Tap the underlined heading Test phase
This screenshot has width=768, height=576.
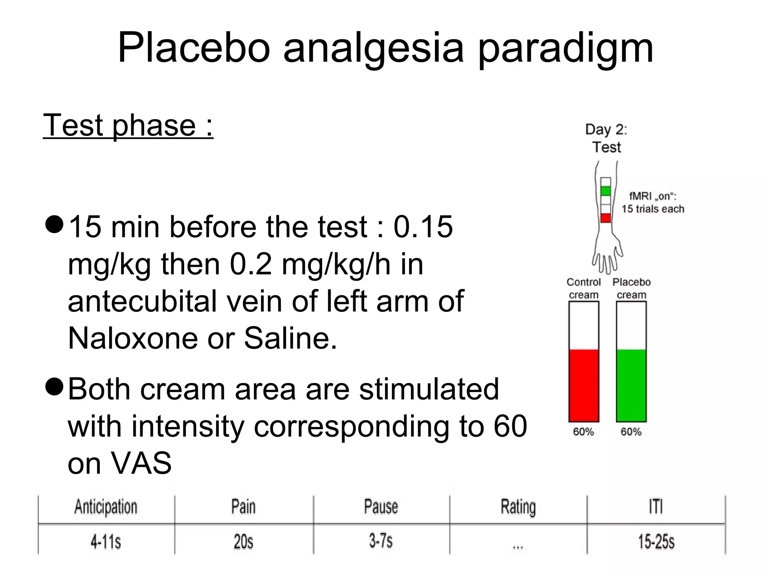[128, 125]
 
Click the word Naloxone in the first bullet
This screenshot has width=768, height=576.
[132, 338]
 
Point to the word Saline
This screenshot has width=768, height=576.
[290, 338]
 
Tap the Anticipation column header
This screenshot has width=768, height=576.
[106, 507]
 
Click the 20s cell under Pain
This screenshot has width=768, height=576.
[243, 541]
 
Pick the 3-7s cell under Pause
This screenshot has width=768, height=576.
[381, 541]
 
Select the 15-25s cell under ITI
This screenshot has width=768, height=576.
[656, 541]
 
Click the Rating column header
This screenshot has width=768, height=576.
[518, 507]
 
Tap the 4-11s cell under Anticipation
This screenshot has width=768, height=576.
[106, 541]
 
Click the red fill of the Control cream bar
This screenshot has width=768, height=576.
[583, 385]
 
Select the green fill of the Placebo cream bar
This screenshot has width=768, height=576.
[631, 385]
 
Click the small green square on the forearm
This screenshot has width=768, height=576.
[606, 191]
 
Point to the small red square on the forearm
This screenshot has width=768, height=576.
[606, 218]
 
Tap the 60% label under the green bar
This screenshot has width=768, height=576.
[631, 432]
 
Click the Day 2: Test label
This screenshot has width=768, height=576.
[606, 138]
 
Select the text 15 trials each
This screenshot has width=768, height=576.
[653, 209]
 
